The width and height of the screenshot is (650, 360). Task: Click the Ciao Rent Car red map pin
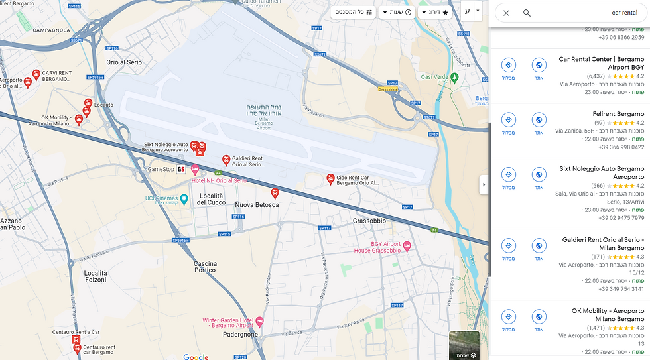click(x=330, y=178)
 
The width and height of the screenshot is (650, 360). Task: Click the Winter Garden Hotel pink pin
click(x=259, y=322)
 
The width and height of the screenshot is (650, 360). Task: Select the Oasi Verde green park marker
click(x=455, y=78)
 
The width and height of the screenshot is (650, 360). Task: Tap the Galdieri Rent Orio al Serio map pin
click(x=226, y=160)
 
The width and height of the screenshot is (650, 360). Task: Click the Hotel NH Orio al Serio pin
click(x=195, y=170)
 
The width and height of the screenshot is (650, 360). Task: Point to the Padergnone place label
click(x=240, y=335)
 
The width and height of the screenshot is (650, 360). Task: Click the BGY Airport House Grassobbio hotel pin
click(x=407, y=247)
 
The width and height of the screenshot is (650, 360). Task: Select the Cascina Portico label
click(x=205, y=267)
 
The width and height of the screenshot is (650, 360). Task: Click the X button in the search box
click(x=506, y=13)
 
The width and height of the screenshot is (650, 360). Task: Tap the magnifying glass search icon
click(x=527, y=13)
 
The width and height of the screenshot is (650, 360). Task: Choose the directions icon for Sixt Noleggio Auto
click(x=508, y=174)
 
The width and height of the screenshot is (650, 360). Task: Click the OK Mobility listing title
click(x=608, y=315)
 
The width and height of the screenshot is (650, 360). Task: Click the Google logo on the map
click(x=196, y=357)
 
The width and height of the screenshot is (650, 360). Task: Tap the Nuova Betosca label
click(x=257, y=205)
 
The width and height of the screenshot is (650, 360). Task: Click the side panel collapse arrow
click(x=484, y=184)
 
